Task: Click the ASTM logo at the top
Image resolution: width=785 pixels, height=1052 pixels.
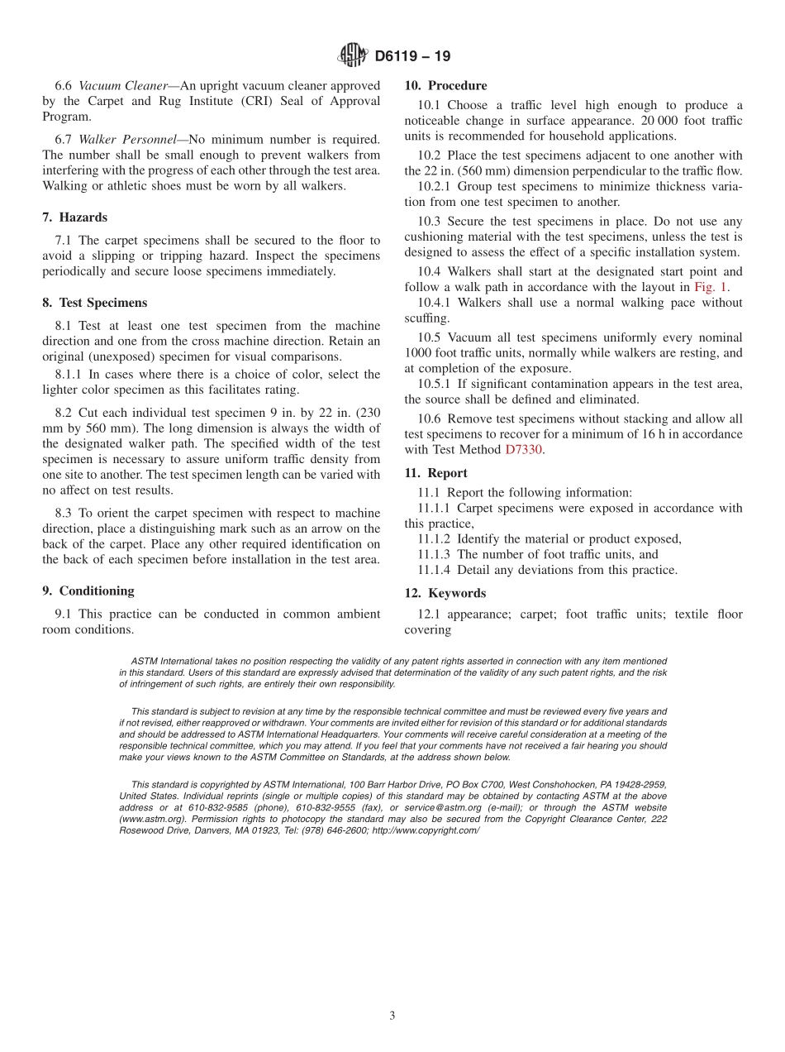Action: click(353, 56)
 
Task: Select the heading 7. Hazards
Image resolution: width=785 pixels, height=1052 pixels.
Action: click(74, 218)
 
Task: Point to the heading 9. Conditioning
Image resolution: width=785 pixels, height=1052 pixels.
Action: click(88, 591)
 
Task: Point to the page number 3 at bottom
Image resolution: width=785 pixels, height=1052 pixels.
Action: click(392, 1016)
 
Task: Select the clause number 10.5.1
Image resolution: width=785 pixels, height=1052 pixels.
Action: click(434, 384)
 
